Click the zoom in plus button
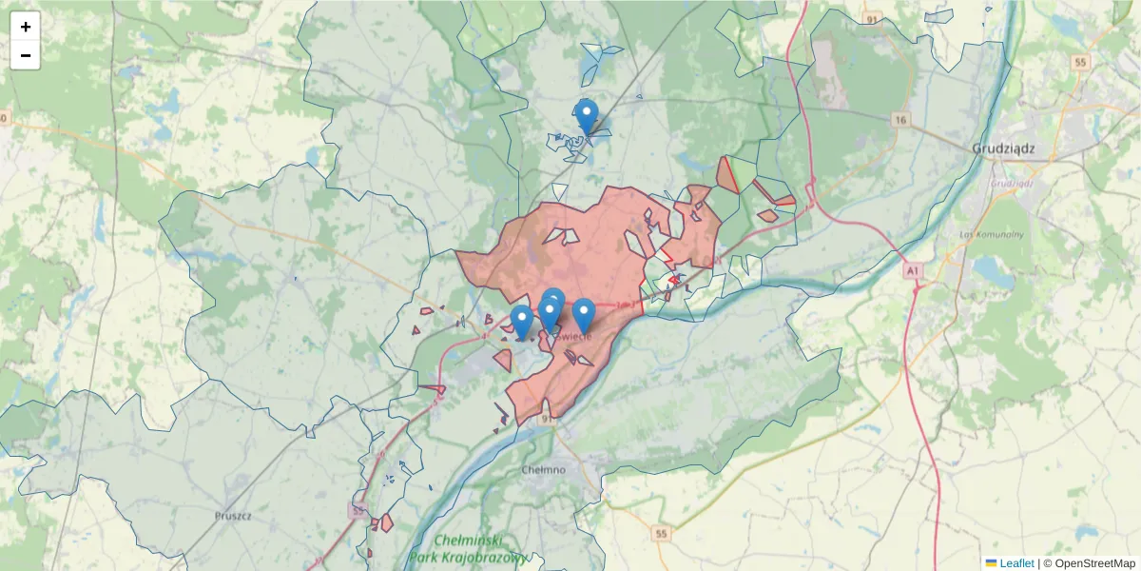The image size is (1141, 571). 26,27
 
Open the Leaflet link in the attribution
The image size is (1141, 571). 1016,563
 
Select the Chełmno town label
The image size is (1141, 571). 544,469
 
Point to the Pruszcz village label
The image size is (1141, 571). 233,515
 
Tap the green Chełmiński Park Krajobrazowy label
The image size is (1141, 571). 469,548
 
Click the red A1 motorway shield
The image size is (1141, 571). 914,271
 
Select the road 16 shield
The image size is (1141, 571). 901,120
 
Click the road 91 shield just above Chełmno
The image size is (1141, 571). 546,417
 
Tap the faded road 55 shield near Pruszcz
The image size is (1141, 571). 357,511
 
